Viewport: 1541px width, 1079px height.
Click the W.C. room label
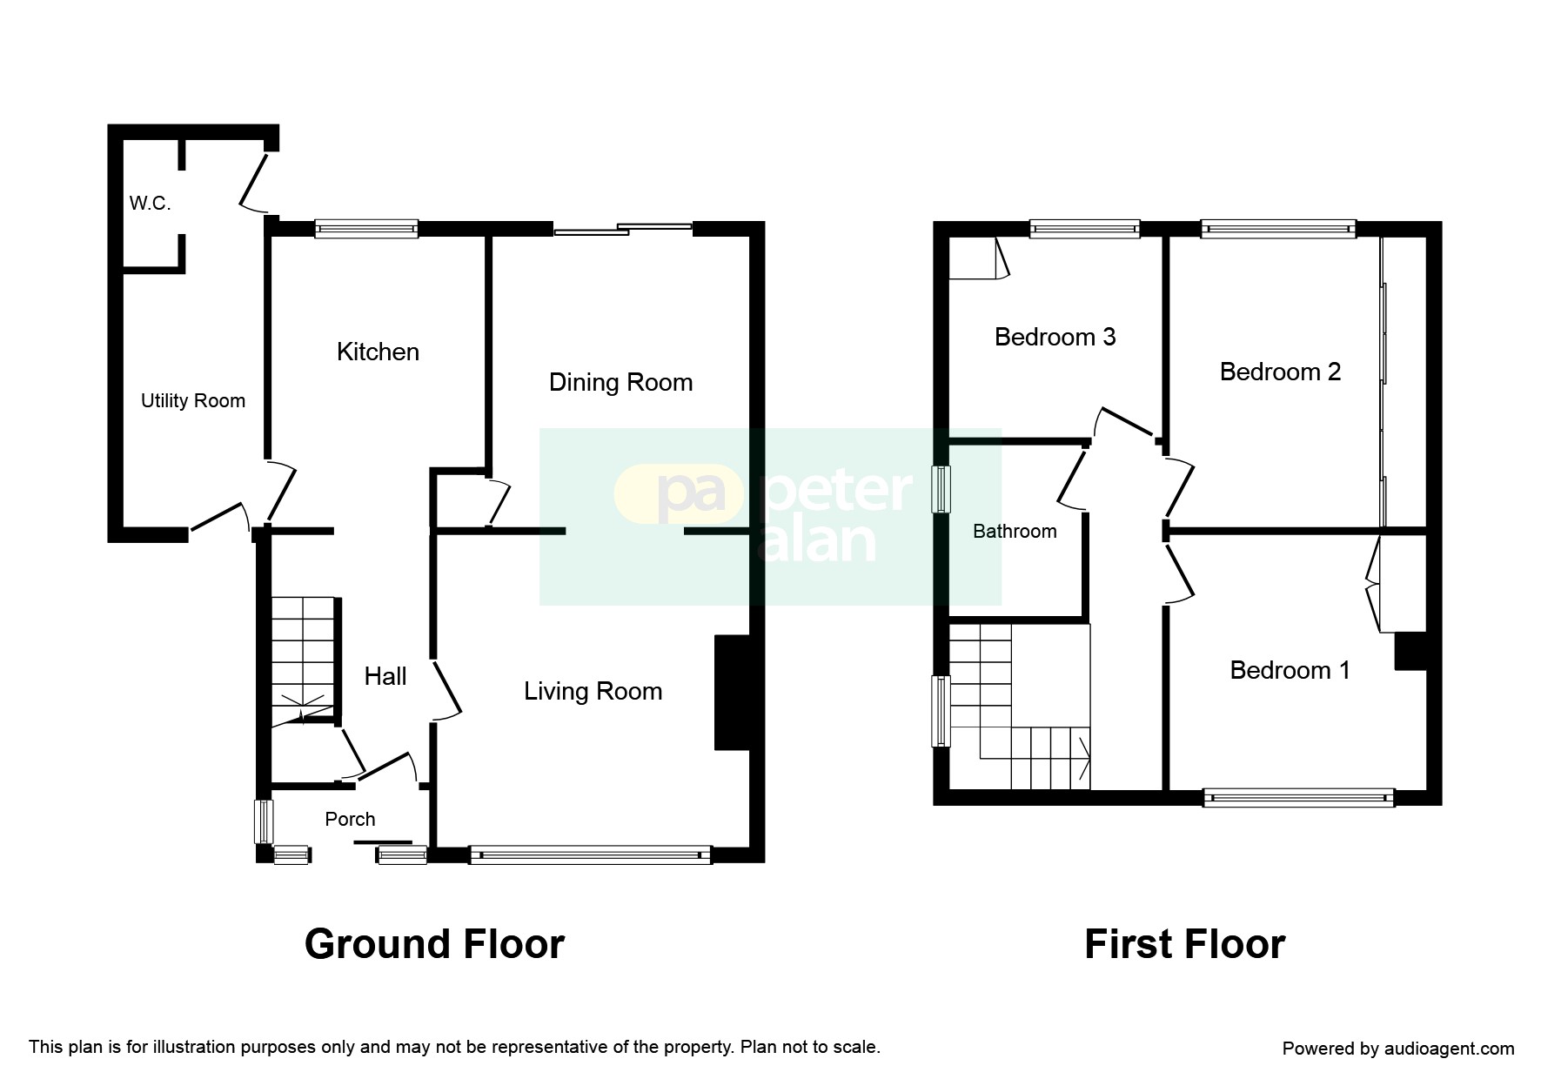point(150,204)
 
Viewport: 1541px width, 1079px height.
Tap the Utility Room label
point(193,401)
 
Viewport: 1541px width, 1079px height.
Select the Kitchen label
point(378,352)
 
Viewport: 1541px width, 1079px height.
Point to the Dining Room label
point(620,382)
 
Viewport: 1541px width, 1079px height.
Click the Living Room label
point(593,691)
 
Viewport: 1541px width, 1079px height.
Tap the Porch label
point(350,819)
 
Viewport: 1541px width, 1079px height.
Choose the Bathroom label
point(1015,531)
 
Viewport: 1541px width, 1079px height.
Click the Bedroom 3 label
point(1055,337)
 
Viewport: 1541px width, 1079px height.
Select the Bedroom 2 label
point(1280,372)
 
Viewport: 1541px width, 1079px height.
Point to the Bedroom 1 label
point(1290,670)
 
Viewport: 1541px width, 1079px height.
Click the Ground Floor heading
point(434,944)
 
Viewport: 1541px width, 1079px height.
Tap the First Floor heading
point(1184,944)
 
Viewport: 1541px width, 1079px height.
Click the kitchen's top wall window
point(366,229)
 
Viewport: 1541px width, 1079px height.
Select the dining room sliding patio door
point(623,229)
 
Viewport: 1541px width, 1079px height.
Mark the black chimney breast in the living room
point(733,693)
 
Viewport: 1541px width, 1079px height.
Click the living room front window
point(591,854)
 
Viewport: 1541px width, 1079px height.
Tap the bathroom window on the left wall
point(941,490)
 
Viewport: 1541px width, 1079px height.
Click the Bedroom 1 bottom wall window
point(1298,797)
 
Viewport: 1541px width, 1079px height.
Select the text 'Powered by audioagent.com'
point(1398,1049)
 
